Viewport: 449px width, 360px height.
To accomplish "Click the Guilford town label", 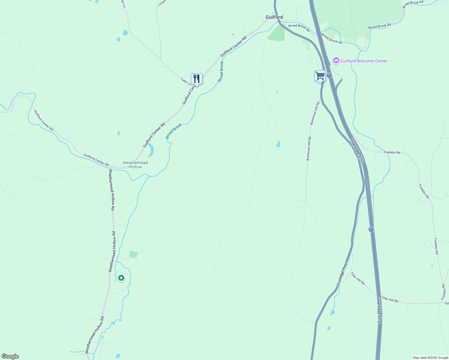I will coord(274,17).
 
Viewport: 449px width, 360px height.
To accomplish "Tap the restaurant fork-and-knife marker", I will coord(197,79).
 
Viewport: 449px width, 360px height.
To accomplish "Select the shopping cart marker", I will coord(320,76).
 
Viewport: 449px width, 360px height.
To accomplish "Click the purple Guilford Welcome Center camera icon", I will coord(336,61).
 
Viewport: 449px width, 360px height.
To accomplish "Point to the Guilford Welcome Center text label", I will coord(364,61).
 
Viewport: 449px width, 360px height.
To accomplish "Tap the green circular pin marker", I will coord(121,278).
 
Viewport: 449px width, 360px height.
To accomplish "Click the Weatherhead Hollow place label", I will coord(135,165).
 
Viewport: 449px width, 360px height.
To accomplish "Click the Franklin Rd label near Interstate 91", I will coord(392,152).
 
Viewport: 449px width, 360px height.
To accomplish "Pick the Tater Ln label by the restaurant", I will coord(185,81).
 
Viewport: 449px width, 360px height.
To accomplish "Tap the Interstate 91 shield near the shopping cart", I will coord(329,75).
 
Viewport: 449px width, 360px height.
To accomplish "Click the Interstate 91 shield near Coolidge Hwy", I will coord(371,229).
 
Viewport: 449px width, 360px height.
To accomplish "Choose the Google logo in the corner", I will coord(10,356).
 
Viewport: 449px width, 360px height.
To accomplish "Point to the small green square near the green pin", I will coord(133,254).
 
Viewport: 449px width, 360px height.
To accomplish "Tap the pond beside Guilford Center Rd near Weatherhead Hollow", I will coord(151,150).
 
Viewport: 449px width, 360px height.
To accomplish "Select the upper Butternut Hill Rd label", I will coord(315,113).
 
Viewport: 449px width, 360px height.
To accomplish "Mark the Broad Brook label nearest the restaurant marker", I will coord(221,71).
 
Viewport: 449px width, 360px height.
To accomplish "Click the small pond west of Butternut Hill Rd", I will coord(278,144).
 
